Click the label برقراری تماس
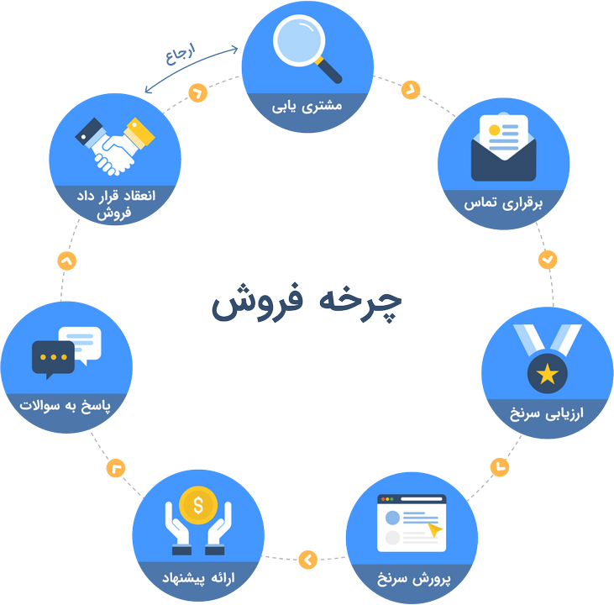(502, 203)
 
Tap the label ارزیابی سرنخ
(547, 415)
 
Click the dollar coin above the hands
(197, 506)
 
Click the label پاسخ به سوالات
(67, 407)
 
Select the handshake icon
(115, 145)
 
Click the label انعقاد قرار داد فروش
(115, 203)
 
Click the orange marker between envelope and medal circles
(548, 260)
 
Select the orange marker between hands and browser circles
(308, 557)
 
